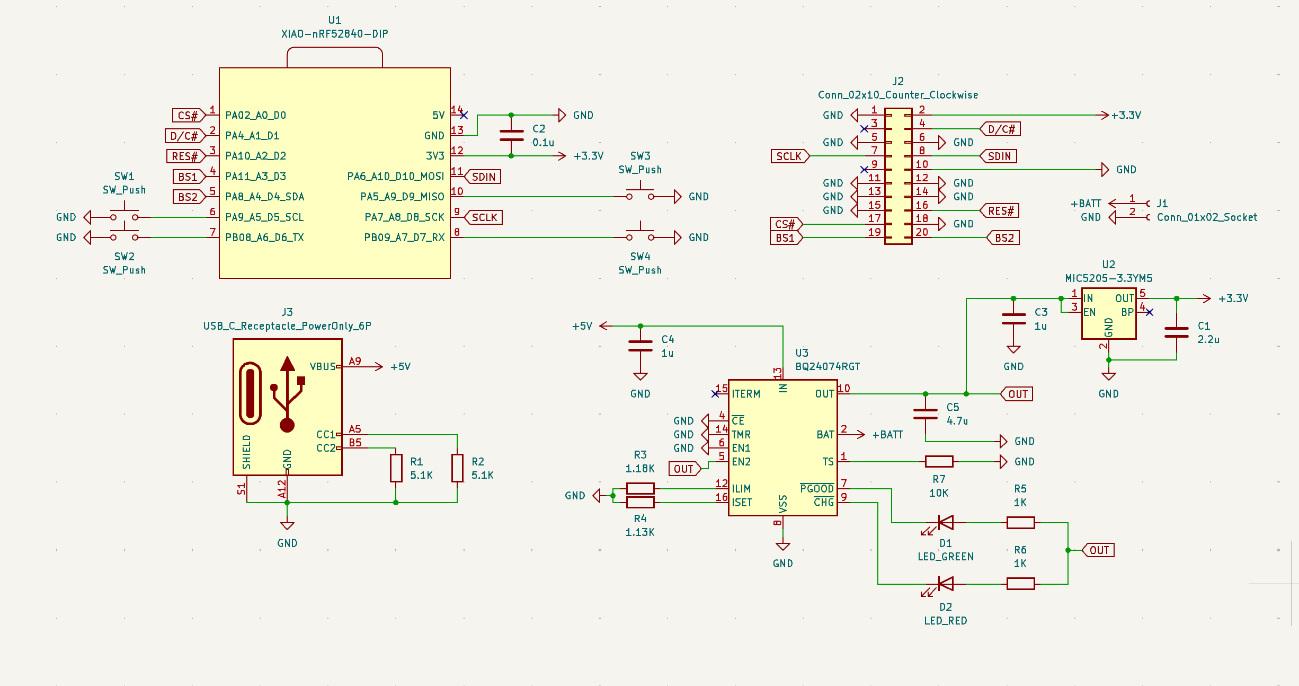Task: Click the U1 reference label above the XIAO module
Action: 334,20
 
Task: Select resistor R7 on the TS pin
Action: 939,462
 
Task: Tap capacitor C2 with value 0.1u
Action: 511,136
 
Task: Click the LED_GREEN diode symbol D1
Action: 945,523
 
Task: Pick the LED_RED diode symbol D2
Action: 945,584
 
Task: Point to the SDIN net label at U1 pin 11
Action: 483,177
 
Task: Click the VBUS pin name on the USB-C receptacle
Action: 322,366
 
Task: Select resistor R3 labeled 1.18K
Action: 640,488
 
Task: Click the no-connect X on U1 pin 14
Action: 464,115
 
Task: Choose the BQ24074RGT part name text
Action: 828,366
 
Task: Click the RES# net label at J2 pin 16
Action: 1000,211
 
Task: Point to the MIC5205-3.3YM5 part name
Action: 1108,278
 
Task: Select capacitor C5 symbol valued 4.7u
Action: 925,414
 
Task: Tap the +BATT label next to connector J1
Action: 1086,204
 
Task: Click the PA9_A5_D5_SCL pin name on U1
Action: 264,217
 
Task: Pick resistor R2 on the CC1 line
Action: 457,468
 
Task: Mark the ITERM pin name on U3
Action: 745,394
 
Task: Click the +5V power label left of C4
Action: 582,326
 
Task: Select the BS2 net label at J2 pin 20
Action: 1004,238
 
